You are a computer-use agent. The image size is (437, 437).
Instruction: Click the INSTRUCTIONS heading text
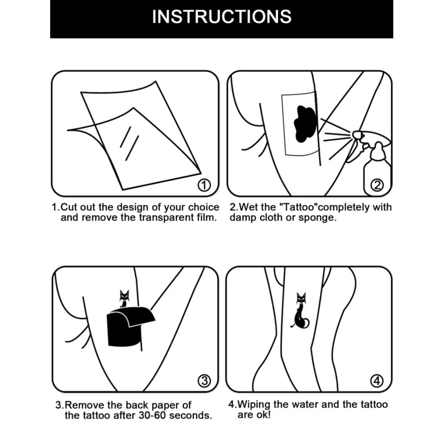click(x=221, y=17)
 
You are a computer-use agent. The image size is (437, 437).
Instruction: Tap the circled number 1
click(x=205, y=186)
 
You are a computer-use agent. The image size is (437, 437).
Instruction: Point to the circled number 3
click(x=204, y=381)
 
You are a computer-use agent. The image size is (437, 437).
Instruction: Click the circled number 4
click(x=377, y=381)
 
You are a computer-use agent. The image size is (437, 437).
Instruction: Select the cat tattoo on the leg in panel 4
click(x=300, y=312)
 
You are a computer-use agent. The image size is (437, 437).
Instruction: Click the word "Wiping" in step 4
click(x=254, y=404)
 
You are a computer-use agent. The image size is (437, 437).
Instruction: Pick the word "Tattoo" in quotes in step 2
click(x=297, y=207)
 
